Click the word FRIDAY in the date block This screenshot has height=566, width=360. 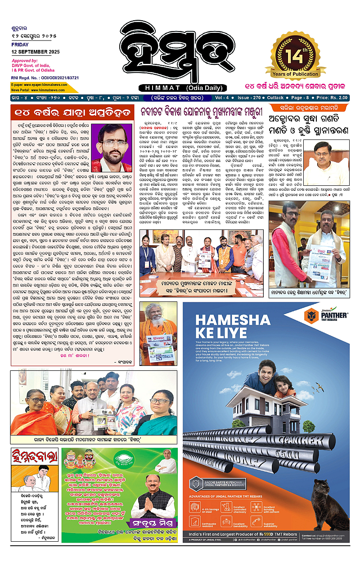pyautogui.click(x=20, y=45)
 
